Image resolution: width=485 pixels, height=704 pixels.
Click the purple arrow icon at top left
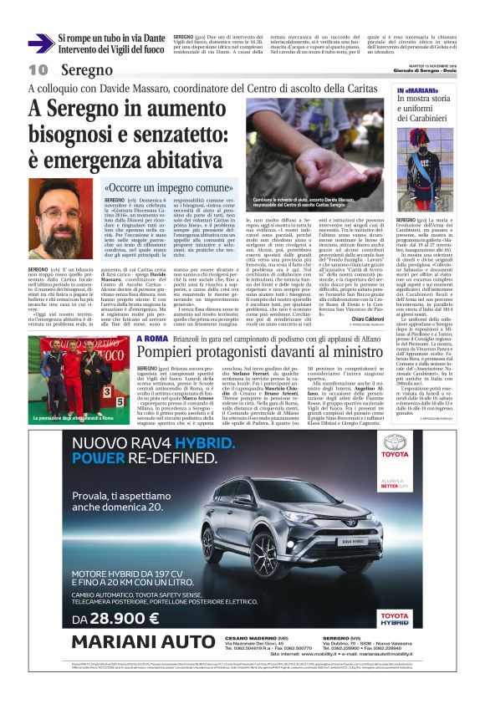[41, 41]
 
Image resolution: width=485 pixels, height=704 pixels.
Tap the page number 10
[38, 69]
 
